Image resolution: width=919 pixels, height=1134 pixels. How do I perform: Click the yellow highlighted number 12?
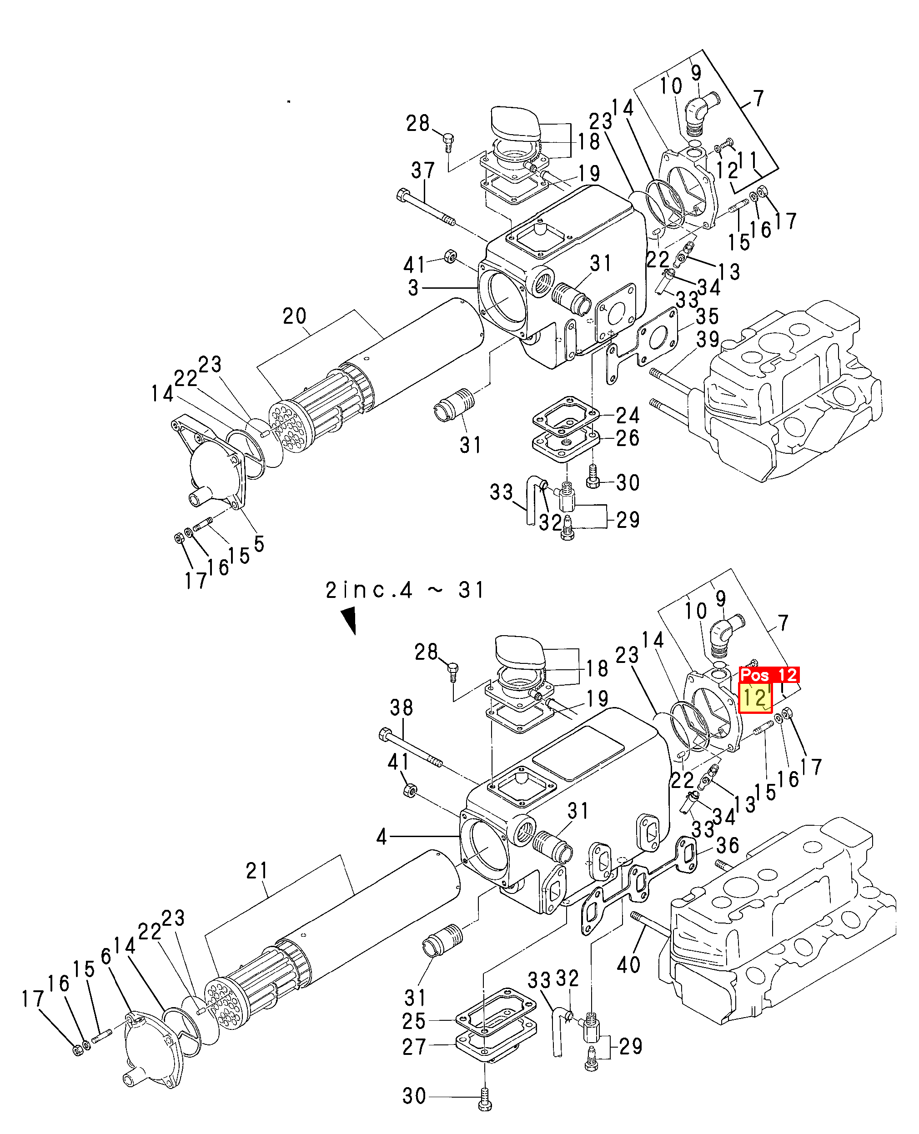[755, 698]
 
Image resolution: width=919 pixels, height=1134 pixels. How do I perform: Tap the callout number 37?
[422, 171]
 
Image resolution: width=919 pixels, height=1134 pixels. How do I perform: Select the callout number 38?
[401, 707]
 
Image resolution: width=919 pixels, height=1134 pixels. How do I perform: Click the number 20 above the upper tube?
[294, 316]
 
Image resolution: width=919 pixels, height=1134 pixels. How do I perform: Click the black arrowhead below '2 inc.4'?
[349, 620]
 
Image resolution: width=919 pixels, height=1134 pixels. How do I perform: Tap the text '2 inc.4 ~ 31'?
[405, 590]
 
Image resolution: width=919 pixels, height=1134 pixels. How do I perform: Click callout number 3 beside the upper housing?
[413, 288]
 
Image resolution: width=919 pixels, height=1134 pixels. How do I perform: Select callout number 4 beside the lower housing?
[382, 837]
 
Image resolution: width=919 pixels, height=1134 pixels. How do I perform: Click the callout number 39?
[708, 339]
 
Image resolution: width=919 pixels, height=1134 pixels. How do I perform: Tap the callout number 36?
[728, 845]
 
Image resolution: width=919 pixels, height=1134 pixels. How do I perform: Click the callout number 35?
[707, 316]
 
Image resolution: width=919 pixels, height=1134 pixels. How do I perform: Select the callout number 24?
[628, 415]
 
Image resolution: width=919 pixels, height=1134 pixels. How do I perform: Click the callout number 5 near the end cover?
[259, 543]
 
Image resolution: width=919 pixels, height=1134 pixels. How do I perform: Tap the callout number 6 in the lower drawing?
[106, 957]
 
